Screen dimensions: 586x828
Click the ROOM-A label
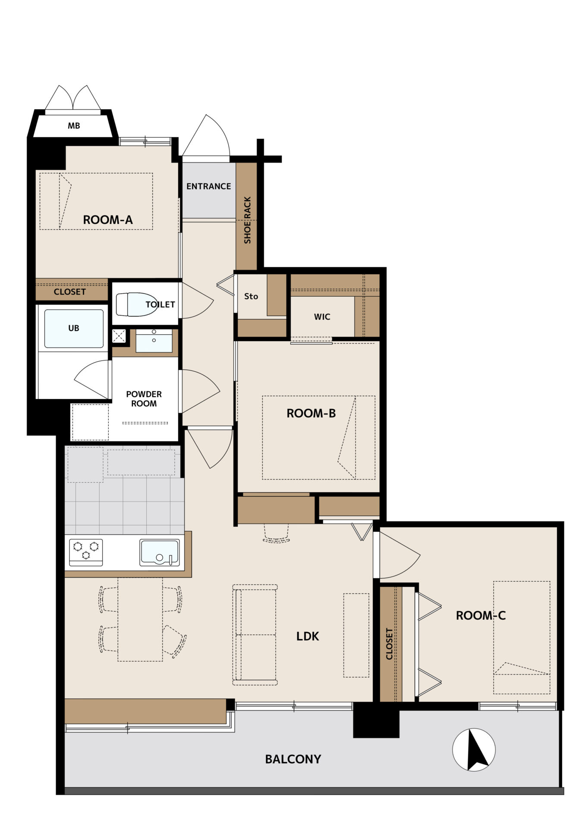[x=107, y=220]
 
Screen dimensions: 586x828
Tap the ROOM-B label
[x=311, y=413]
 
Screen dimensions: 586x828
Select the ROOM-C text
[x=481, y=615]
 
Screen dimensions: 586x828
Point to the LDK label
[x=308, y=636]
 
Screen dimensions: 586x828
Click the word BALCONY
[x=293, y=759]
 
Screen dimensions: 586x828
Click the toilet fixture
[x=136, y=304]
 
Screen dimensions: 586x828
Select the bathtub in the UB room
[x=74, y=328]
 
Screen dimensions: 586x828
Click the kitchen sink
[x=159, y=552]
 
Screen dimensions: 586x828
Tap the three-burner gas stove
[x=86, y=552]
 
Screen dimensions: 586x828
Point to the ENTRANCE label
[x=208, y=186]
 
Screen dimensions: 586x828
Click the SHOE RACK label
[x=247, y=220]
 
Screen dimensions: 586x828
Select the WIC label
[x=322, y=317]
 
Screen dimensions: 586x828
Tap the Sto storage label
[x=251, y=296]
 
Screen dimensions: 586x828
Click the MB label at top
[x=74, y=126]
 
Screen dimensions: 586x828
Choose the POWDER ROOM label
[x=144, y=399]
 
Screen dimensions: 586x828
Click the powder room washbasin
[x=154, y=341]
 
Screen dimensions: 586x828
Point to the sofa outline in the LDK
[x=255, y=635]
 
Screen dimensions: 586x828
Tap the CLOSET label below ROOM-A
[x=69, y=292]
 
